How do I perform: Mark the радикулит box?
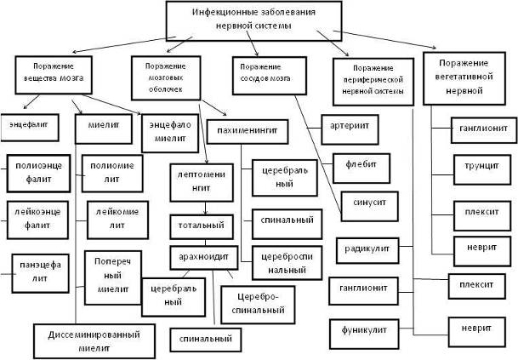click(367, 249)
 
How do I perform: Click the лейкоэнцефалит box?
click(35, 216)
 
